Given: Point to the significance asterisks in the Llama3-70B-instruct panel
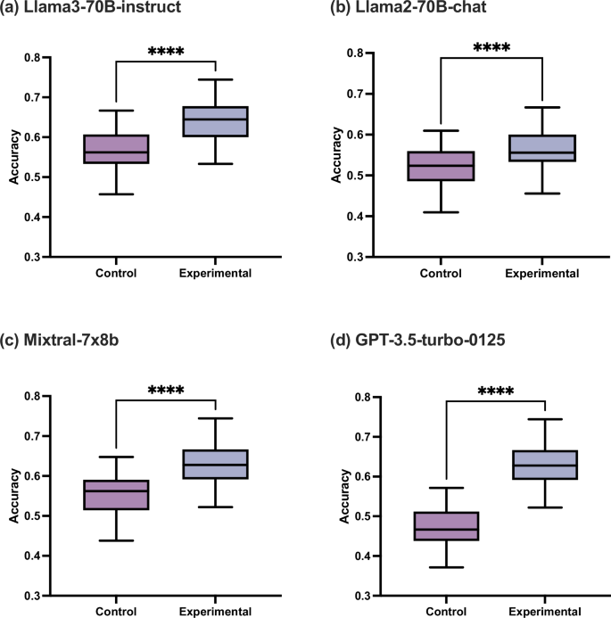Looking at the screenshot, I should pyautogui.click(x=165, y=51).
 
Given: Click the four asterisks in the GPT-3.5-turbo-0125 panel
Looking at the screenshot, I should pyautogui.click(x=494, y=390).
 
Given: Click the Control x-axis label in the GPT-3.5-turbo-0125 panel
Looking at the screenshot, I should pyautogui.click(x=447, y=613).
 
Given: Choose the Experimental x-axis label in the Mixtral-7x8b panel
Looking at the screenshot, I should pyautogui.click(x=215, y=613).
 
